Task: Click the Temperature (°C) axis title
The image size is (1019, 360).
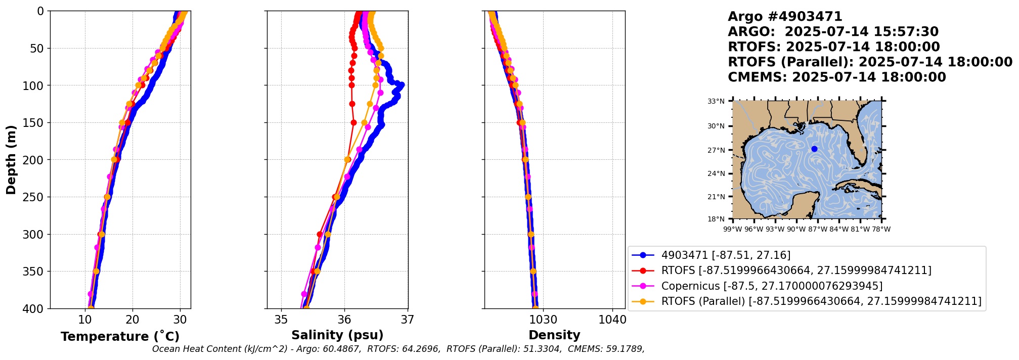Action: click(x=120, y=337)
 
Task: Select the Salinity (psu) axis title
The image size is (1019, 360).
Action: click(x=337, y=335)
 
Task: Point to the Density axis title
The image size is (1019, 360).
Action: click(x=554, y=335)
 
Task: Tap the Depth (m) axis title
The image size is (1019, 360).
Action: click(x=11, y=160)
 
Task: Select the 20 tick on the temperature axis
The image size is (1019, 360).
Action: click(x=132, y=320)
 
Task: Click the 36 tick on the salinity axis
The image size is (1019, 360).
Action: click(x=344, y=320)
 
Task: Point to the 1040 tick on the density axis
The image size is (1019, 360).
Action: click(x=612, y=320)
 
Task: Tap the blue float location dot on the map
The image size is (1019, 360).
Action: click(x=814, y=149)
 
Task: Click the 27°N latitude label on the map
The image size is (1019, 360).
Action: click(x=716, y=150)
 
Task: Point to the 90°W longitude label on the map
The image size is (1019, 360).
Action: click(x=796, y=229)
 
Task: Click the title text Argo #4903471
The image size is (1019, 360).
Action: click(x=785, y=17)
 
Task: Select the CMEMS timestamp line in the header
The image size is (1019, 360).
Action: click(x=836, y=77)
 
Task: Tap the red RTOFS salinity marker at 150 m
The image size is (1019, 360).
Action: click(x=353, y=122)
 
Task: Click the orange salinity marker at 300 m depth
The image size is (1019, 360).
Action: click(x=328, y=234)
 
